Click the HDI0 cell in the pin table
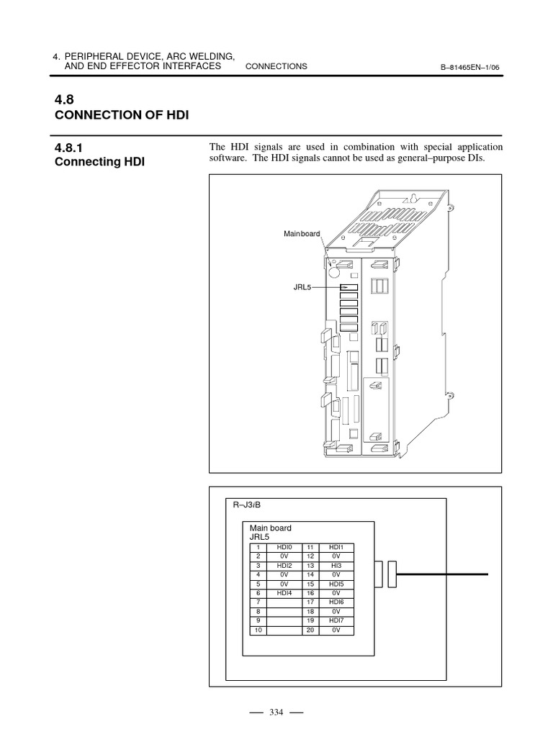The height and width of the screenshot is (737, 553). pyautogui.click(x=284, y=548)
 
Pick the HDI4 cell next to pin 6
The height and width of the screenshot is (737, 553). pyautogui.click(x=284, y=593)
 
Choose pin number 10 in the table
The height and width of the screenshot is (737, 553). pyautogui.click(x=257, y=630)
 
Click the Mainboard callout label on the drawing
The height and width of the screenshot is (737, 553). pyautogui.click(x=301, y=234)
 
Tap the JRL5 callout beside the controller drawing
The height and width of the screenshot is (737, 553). pyautogui.click(x=301, y=286)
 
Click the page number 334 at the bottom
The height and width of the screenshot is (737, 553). pyautogui.click(x=276, y=713)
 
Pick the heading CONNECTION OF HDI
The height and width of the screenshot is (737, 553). pyautogui.click(x=122, y=115)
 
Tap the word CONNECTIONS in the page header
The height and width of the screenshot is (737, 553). pyautogui.click(x=276, y=66)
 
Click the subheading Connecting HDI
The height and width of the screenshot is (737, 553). pyautogui.click(x=100, y=162)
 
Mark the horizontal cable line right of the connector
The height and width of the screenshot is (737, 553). pyautogui.click(x=442, y=574)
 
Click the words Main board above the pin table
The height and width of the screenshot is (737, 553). pyautogui.click(x=270, y=528)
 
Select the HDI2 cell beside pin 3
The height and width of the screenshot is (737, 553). pyautogui.click(x=284, y=566)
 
